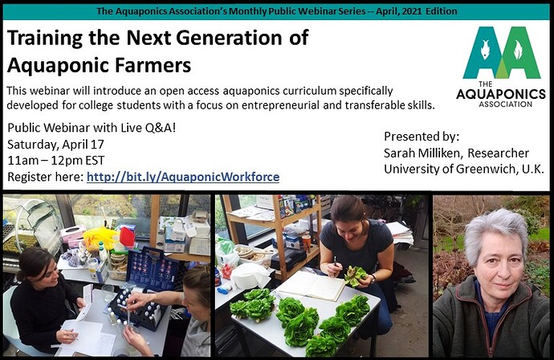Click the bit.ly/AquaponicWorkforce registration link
183,177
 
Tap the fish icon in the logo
485,49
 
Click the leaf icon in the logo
518,50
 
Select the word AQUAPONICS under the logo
501,94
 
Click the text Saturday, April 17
56,145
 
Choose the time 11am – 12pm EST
56,161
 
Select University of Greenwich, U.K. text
464,169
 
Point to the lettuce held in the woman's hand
355,276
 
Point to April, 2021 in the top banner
399,11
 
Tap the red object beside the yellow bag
127,236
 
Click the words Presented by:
422,137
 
